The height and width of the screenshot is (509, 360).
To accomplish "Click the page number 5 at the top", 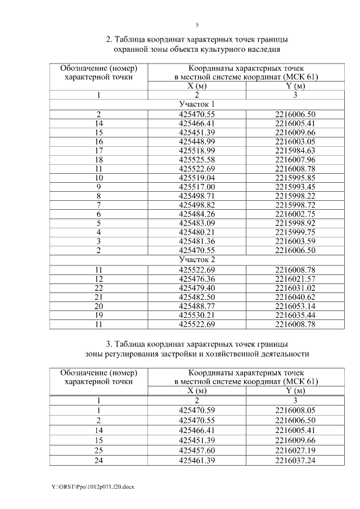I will [x=197, y=25].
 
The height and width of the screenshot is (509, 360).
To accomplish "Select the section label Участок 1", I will [x=197, y=105].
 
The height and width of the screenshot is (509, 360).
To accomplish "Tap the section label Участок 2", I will [x=197, y=260].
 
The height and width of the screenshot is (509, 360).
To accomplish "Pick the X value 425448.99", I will [x=197, y=141].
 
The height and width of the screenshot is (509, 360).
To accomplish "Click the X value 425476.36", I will [x=197, y=279].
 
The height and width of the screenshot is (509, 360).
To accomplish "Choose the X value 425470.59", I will [x=197, y=410].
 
